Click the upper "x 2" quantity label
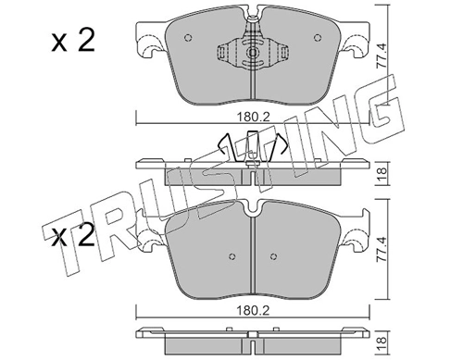(73, 41)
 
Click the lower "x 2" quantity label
(73, 236)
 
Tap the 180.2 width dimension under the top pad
(254, 117)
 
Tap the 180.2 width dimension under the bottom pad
(254, 310)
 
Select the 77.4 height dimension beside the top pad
(382, 56)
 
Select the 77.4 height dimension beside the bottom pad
(382, 249)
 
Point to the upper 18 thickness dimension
(382, 175)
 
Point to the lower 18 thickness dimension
(382, 341)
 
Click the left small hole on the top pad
(188, 38)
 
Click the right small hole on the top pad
(318, 38)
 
